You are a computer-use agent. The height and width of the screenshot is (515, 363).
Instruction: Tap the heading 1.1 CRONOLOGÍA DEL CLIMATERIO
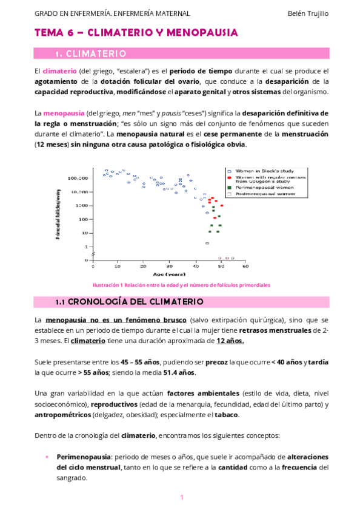pos(129,301)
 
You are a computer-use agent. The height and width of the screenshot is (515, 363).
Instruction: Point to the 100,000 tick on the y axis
pos(79,178)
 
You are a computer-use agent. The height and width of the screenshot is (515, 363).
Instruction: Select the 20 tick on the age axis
pos(143,266)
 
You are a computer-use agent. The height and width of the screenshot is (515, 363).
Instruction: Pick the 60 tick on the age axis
pos(245,266)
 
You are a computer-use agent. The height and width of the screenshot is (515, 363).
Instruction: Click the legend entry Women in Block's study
pos(259,171)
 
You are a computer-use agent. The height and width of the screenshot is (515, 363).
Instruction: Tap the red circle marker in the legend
pos(228,179)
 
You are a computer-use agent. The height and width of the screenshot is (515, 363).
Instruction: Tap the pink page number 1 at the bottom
pos(181,498)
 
